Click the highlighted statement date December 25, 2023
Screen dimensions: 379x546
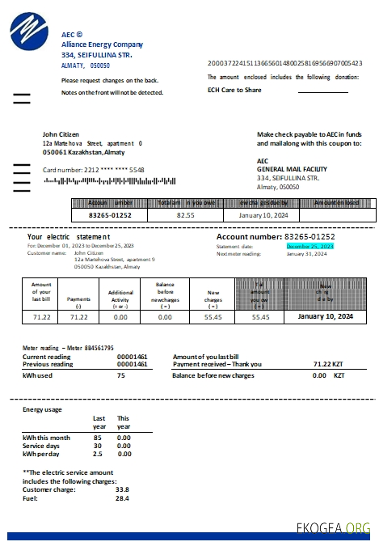click(x=310, y=246)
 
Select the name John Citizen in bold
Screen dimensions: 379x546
click(x=61, y=134)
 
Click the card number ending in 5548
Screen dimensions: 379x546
click(x=94, y=170)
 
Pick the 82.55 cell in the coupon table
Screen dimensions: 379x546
click(x=186, y=216)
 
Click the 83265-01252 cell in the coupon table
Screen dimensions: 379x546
click(x=109, y=216)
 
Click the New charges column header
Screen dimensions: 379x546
click(x=213, y=296)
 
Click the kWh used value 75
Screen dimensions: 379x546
click(x=121, y=375)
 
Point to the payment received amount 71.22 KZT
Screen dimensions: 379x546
click(x=327, y=364)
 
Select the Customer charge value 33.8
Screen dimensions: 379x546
click(x=123, y=489)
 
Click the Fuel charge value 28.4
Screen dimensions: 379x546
click(x=123, y=498)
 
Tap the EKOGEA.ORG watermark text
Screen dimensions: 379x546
click(x=333, y=528)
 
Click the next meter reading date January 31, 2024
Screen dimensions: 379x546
click(x=307, y=253)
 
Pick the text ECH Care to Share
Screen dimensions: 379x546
click(x=235, y=90)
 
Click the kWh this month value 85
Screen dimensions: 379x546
click(x=98, y=437)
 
